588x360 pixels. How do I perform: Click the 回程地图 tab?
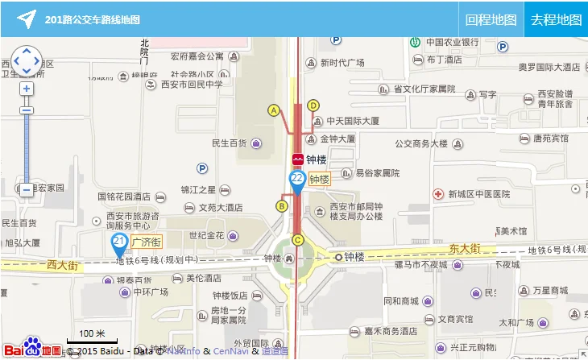(491, 20)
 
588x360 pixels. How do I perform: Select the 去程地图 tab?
(556, 20)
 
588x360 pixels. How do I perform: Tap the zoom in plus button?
(27, 89)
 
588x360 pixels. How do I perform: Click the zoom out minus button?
(27, 190)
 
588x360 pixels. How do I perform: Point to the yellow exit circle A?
(274, 110)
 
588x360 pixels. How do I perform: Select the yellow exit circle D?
(313, 105)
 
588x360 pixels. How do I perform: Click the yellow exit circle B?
(282, 206)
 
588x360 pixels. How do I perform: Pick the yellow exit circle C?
(298, 239)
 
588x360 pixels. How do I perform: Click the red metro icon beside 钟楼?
(297, 159)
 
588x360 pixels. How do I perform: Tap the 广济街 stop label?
(147, 241)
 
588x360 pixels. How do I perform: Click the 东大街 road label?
(465, 249)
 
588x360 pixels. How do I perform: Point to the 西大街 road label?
(62, 264)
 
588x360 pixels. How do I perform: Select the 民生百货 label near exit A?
(229, 143)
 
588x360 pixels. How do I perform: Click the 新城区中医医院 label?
(479, 194)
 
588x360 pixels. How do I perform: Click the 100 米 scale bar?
(92, 337)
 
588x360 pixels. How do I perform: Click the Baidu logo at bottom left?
(32, 347)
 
